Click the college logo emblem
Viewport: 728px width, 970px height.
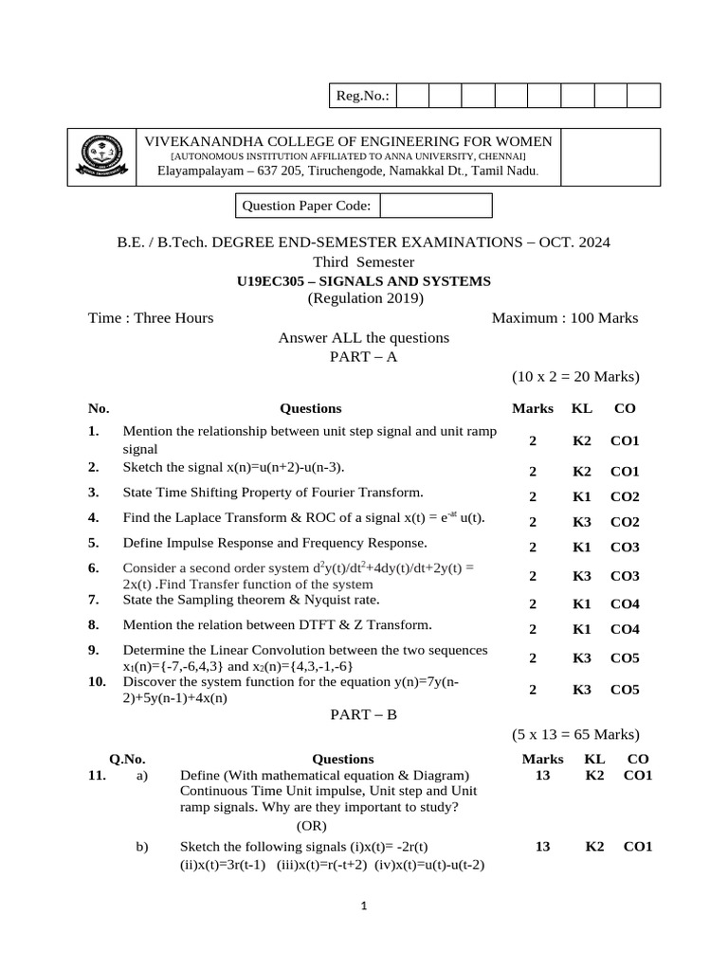point(100,155)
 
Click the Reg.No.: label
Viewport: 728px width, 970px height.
point(362,96)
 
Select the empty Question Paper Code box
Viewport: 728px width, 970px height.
point(435,206)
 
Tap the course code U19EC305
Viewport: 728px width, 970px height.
point(273,280)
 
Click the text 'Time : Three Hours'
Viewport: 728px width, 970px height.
point(151,318)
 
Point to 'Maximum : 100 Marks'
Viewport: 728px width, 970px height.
point(565,318)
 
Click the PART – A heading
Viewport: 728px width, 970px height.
point(363,356)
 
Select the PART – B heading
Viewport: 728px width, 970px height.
point(363,715)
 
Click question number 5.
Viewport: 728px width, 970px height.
point(94,543)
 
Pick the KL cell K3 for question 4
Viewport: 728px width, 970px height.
point(582,522)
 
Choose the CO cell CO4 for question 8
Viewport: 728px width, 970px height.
point(625,629)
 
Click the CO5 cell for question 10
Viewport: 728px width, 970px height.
point(625,690)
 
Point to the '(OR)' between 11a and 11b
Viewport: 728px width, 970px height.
point(312,826)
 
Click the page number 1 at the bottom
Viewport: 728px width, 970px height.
point(363,907)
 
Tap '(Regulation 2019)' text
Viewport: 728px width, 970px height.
point(365,298)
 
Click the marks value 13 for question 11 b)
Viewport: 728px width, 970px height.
point(542,847)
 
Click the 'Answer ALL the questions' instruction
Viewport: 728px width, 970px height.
point(363,337)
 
